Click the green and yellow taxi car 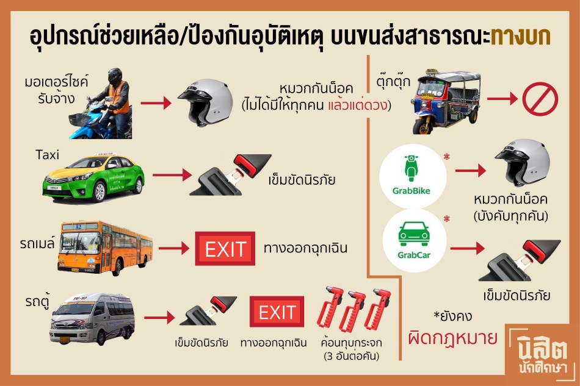click(94, 178)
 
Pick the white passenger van click(92, 319)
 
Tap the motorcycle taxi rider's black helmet click(115, 76)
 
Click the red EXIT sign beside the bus click(225, 249)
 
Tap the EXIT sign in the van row click(277, 312)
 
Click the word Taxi click(48, 155)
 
